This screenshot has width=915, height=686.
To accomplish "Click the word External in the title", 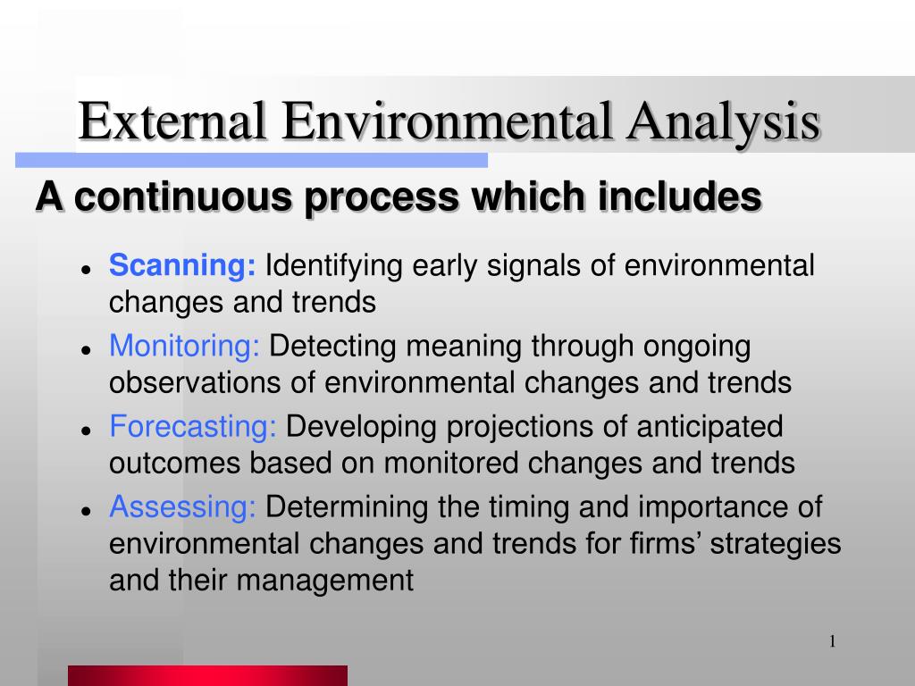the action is pyautogui.click(x=172, y=121).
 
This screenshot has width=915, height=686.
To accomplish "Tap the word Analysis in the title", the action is pyautogui.click(x=724, y=123).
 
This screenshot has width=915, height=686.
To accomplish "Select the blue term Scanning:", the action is pyautogui.click(x=182, y=265).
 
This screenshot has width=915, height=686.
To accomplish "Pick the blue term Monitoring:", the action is pyautogui.click(x=184, y=346).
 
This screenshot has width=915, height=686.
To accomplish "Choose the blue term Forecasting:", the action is pyautogui.click(x=193, y=426).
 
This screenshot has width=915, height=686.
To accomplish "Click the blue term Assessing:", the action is pyautogui.click(x=182, y=506).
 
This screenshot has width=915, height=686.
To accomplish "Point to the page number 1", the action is pyautogui.click(x=833, y=641).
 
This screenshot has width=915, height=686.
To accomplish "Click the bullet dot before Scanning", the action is pyautogui.click(x=87, y=270).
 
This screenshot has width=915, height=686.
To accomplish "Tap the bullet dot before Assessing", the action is pyautogui.click(x=87, y=511).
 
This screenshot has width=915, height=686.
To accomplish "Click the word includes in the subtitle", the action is pyautogui.click(x=679, y=196).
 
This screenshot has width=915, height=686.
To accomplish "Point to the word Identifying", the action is pyautogui.click(x=334, y=266).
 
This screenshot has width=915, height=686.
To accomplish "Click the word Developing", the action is pyautogui.click(x=361, y=427).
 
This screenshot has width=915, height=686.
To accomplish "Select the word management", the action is pyautogui.click(x=325, y=581).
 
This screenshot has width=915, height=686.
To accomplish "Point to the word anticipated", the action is pyautogui.click(x=709, y=427).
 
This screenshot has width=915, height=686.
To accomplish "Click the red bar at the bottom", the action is pyautogui.click(x=207, y=675).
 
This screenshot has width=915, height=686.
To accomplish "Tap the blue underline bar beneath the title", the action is pyautogui.click(x=251, y=161).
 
